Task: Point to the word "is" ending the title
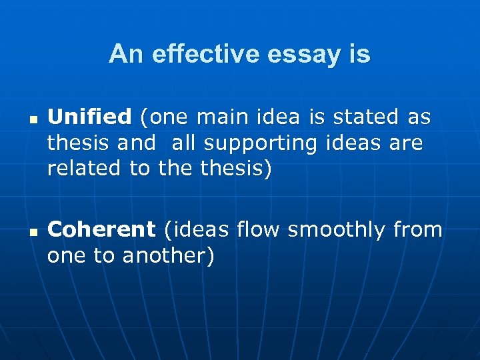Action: (x=359, y=54)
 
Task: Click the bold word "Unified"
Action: (x=89, y=118)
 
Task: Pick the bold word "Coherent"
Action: (x=101, y=230)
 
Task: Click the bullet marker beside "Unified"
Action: (x=31, y=121)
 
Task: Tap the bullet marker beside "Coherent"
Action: (x=31, y=233)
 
